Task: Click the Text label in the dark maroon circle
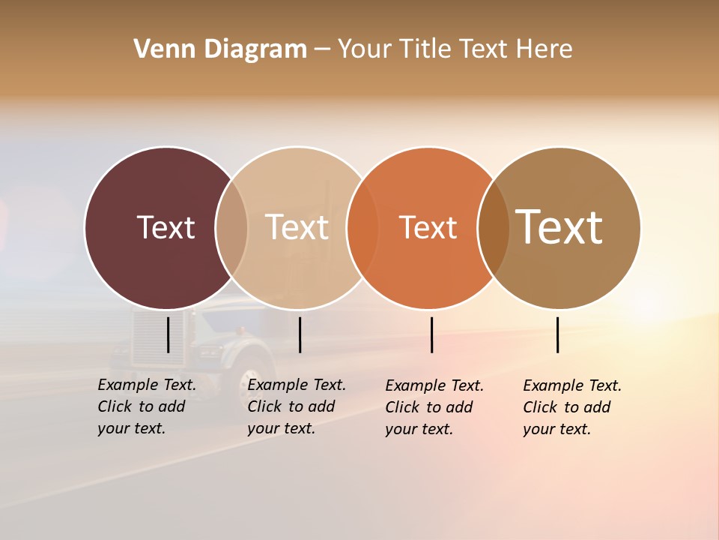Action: click(x=166, y=227)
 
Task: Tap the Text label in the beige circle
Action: click(x=297, y=227)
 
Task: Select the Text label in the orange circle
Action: click(x=428, y=227)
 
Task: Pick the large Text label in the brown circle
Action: click(x=559, y=227)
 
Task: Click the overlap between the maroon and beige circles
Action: click(x=231, y=227)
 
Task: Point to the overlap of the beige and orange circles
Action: click(x=362, y=227)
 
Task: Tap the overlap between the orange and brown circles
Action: click(x=494, y=227)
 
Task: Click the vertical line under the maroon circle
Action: click(x=169, y=334)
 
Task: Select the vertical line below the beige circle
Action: click(x=300, y=334)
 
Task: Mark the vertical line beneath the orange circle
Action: click(x=432, y=334)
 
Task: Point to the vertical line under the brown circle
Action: click(x=558, y=334)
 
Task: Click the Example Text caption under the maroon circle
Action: click(x=146, y=406)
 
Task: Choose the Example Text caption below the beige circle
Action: click(x=296, y=406)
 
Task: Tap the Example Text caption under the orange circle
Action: click(x=434, y=407)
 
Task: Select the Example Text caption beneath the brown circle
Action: click(x=571, y=407)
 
